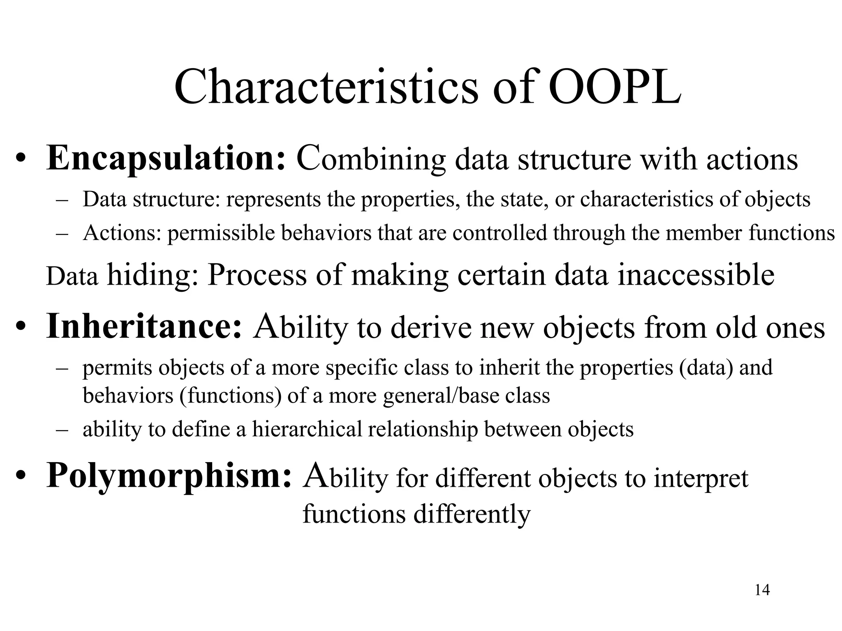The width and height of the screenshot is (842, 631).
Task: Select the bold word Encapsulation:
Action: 166,159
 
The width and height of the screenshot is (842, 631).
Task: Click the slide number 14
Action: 762,590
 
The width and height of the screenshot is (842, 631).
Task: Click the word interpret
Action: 701,479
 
